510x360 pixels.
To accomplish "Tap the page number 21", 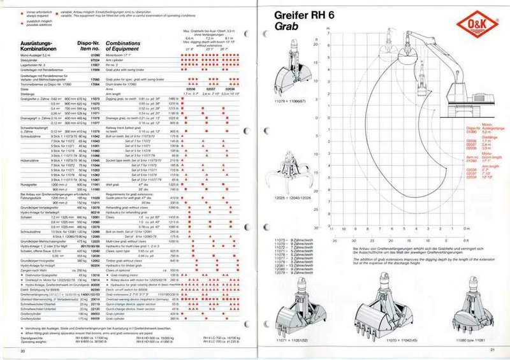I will (x=492, y=350).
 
